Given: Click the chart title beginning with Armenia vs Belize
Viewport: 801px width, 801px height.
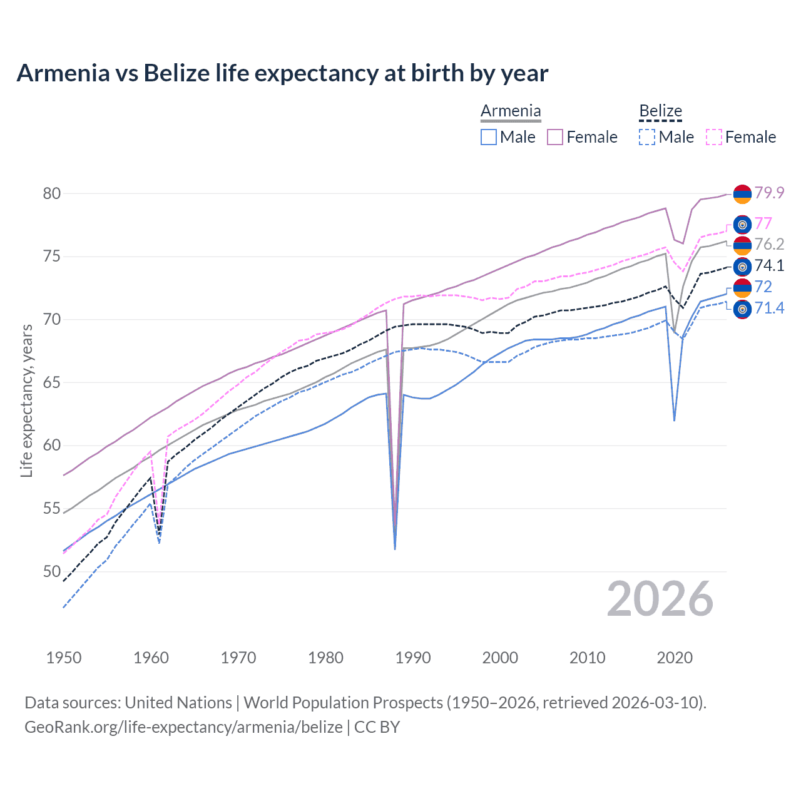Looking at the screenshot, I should click(282, 73).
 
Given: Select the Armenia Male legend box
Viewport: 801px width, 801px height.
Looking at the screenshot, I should click(489, 137).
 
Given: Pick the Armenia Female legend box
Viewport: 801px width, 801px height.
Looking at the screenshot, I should click(555, 137).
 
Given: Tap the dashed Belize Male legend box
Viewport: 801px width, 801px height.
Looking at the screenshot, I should click(647, 137).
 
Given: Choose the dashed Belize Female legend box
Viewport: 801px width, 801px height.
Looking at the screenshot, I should click(714, 137).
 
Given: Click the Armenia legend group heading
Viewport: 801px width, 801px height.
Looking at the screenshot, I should click(511, 111).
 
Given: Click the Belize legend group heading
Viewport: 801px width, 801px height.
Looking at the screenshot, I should click(660, 111).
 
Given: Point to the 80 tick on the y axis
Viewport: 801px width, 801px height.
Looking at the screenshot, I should click(52, 193).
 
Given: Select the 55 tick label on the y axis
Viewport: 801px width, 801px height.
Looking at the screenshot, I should click(52, 508).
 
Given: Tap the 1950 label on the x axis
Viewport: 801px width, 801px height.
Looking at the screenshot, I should click(64, 658).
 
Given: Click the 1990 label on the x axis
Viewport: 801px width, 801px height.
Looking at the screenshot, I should click(413, 658).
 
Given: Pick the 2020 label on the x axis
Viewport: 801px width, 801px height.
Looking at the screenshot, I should click(675, 658).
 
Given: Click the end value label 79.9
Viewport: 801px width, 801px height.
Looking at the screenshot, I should click(769, 193).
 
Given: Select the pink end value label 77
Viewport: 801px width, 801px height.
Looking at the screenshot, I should click(763, 223).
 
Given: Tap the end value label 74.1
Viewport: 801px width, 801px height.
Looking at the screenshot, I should click(769, 265).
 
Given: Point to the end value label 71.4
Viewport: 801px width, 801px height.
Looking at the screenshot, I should click(769, 308).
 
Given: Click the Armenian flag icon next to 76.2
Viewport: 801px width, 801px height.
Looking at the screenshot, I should click(742, 245).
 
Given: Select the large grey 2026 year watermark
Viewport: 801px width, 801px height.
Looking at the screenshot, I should click(660, 599).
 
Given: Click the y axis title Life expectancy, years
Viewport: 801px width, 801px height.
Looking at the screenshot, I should click(26, 400).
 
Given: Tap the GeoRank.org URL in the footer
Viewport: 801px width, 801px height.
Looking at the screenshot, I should click(183, 727).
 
